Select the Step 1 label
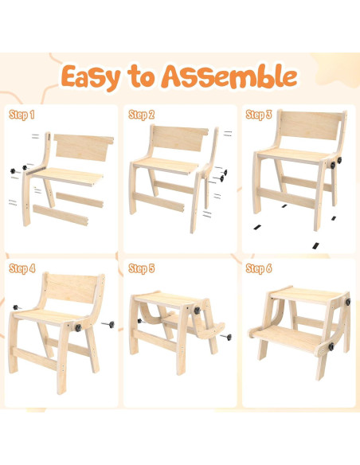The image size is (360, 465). click(22, 115)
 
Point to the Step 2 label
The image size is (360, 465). click(141, 115)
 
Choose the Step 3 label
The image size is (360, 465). click(260, 115)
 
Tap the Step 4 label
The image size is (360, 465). click(22, 268)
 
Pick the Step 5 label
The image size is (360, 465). click(141, 268)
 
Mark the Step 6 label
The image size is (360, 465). click(260, 268)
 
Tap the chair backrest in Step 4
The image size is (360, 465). click(75, 290)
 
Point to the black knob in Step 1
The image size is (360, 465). click(13, 172)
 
